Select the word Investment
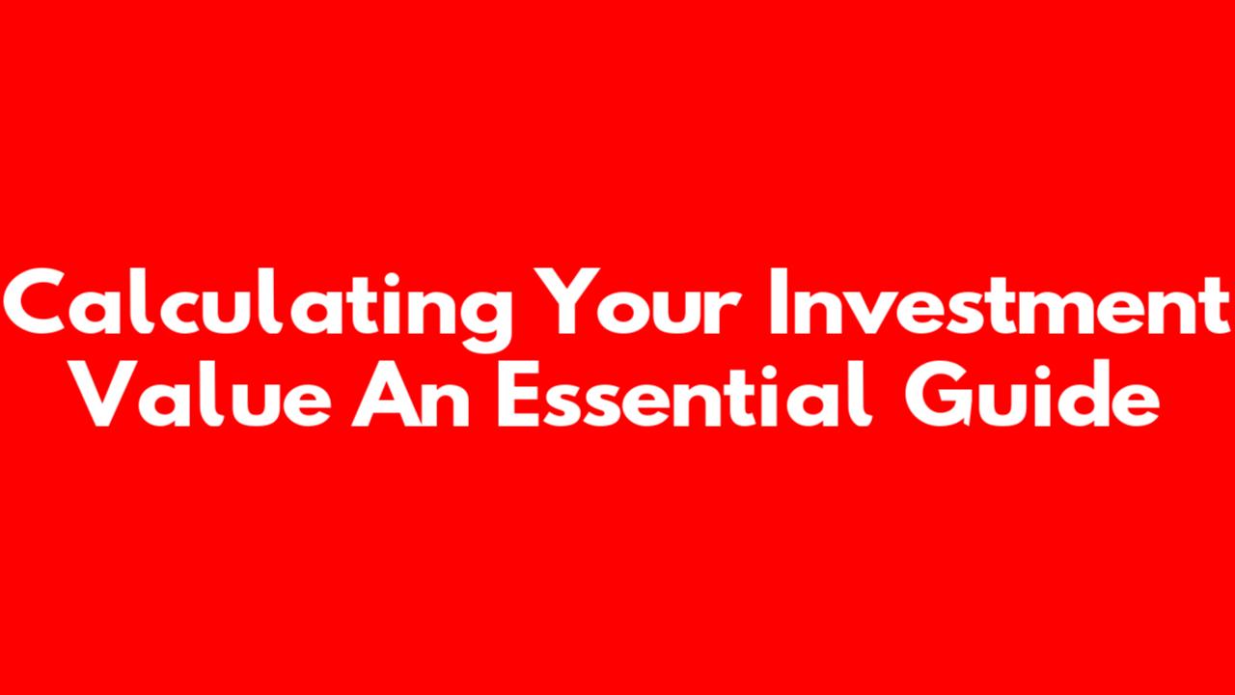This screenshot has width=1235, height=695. click(1000, 302)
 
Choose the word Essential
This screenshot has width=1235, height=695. click(685, 393)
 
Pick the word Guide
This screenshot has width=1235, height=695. click(1031, 393)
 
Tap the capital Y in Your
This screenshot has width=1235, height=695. click(568, 302)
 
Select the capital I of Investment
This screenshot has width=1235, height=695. click(778, 302)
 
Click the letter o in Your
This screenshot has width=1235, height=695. click(627, 311)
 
